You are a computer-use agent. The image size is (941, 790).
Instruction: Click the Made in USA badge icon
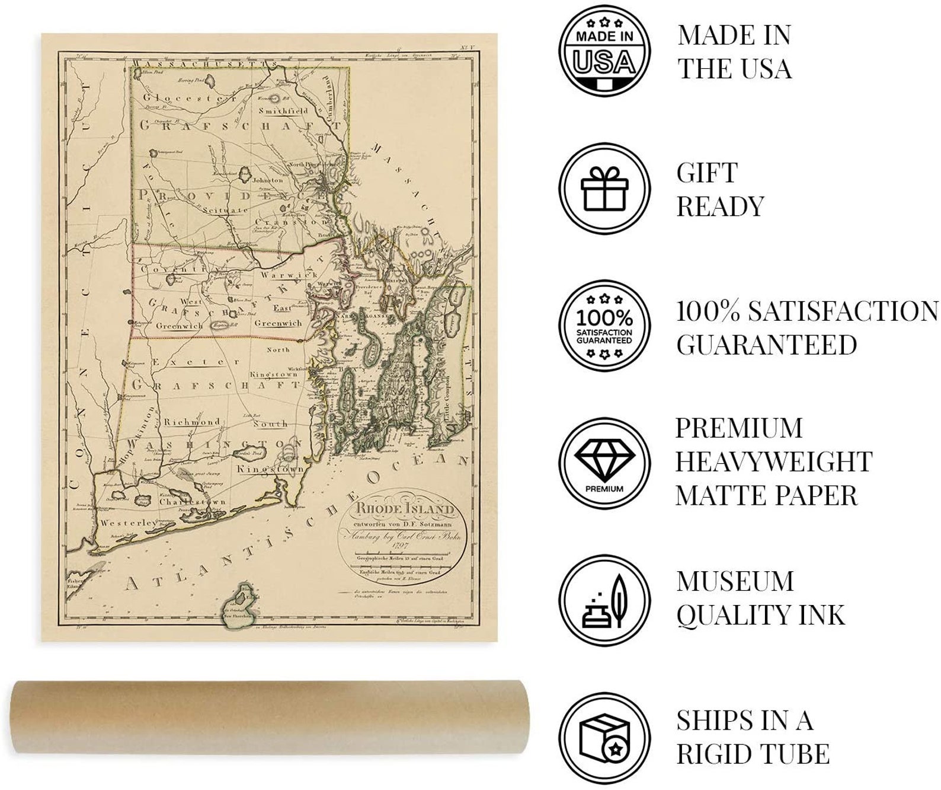[x=604, y=51]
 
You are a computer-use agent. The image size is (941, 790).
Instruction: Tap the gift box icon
[x=604, y=189]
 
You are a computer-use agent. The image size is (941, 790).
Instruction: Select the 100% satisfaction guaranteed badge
[x=604, y=326]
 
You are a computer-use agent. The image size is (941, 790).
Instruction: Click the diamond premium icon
[x=604, y=463]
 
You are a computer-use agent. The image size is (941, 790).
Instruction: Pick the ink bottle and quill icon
[x=604, y=600]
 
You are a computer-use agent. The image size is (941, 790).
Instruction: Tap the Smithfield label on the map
[x=283, y=111]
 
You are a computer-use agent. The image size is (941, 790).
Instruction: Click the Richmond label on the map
[x=192, y=422]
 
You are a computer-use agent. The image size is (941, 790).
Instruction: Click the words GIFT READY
[x=720, y=189]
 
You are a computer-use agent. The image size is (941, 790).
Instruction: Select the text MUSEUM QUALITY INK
[x=760, y=598]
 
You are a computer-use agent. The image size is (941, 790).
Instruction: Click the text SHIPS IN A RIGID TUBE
[x=753, y=737]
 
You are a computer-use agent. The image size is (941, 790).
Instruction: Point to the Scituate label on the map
[x=225, y=210]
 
